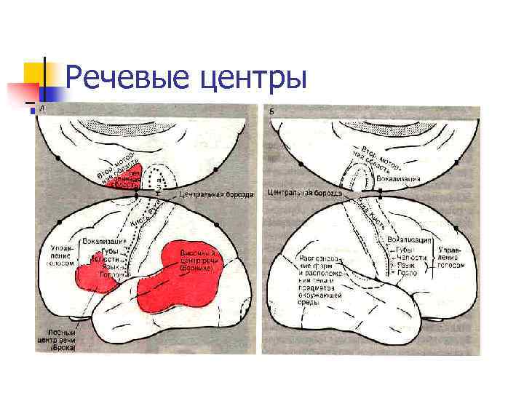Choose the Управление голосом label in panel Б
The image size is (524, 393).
click(451, 257)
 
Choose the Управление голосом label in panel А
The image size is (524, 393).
click(61, 257)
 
